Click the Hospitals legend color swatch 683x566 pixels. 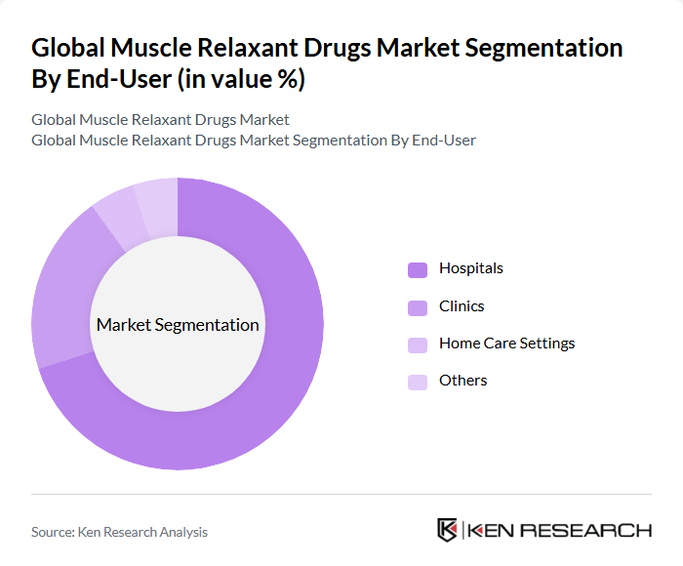[418, 269]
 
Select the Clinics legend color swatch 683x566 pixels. [418, 307]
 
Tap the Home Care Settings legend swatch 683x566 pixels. [418, 344]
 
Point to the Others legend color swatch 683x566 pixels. [418, 382]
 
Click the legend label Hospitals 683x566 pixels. [471, 268]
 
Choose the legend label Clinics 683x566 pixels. [462, 306]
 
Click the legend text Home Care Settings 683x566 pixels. [506, 344]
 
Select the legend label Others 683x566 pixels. [463, 381]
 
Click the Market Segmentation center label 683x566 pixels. [178, 325]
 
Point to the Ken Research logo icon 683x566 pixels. [448, 530]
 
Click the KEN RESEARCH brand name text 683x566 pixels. [560, 531]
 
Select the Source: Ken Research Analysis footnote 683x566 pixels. [119, 532]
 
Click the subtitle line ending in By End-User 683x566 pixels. [254, 141]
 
